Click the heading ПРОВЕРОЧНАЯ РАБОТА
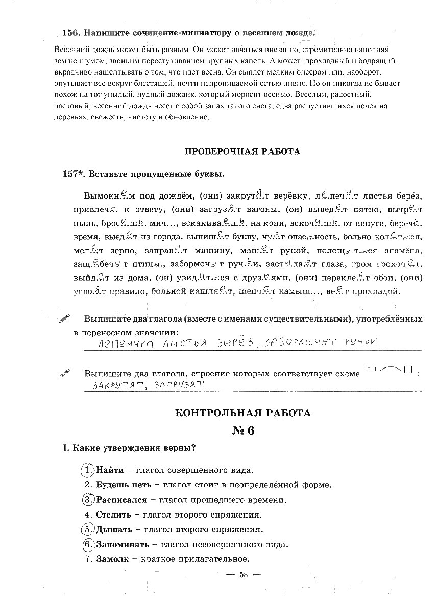pyautogui.click(x=242, y=152)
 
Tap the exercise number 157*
pyautogui.click(x=74, y=174)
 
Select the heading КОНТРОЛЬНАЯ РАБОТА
pyautogui.click(x=242, y=413)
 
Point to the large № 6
pyautogui.click(x=243, y=431)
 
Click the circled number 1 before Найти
pyautogui.click(x=88, y=470)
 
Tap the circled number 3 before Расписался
pyautogui.click(x=88, y=500)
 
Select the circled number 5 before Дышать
pyautogui.click(x=88, y=529)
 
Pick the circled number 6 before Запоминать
pyautogui.click(x=88, y=544)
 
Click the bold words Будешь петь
pyautogui.click(x=123, y=485)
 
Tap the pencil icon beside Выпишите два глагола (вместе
pyautogui.click(x=65, y=319)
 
